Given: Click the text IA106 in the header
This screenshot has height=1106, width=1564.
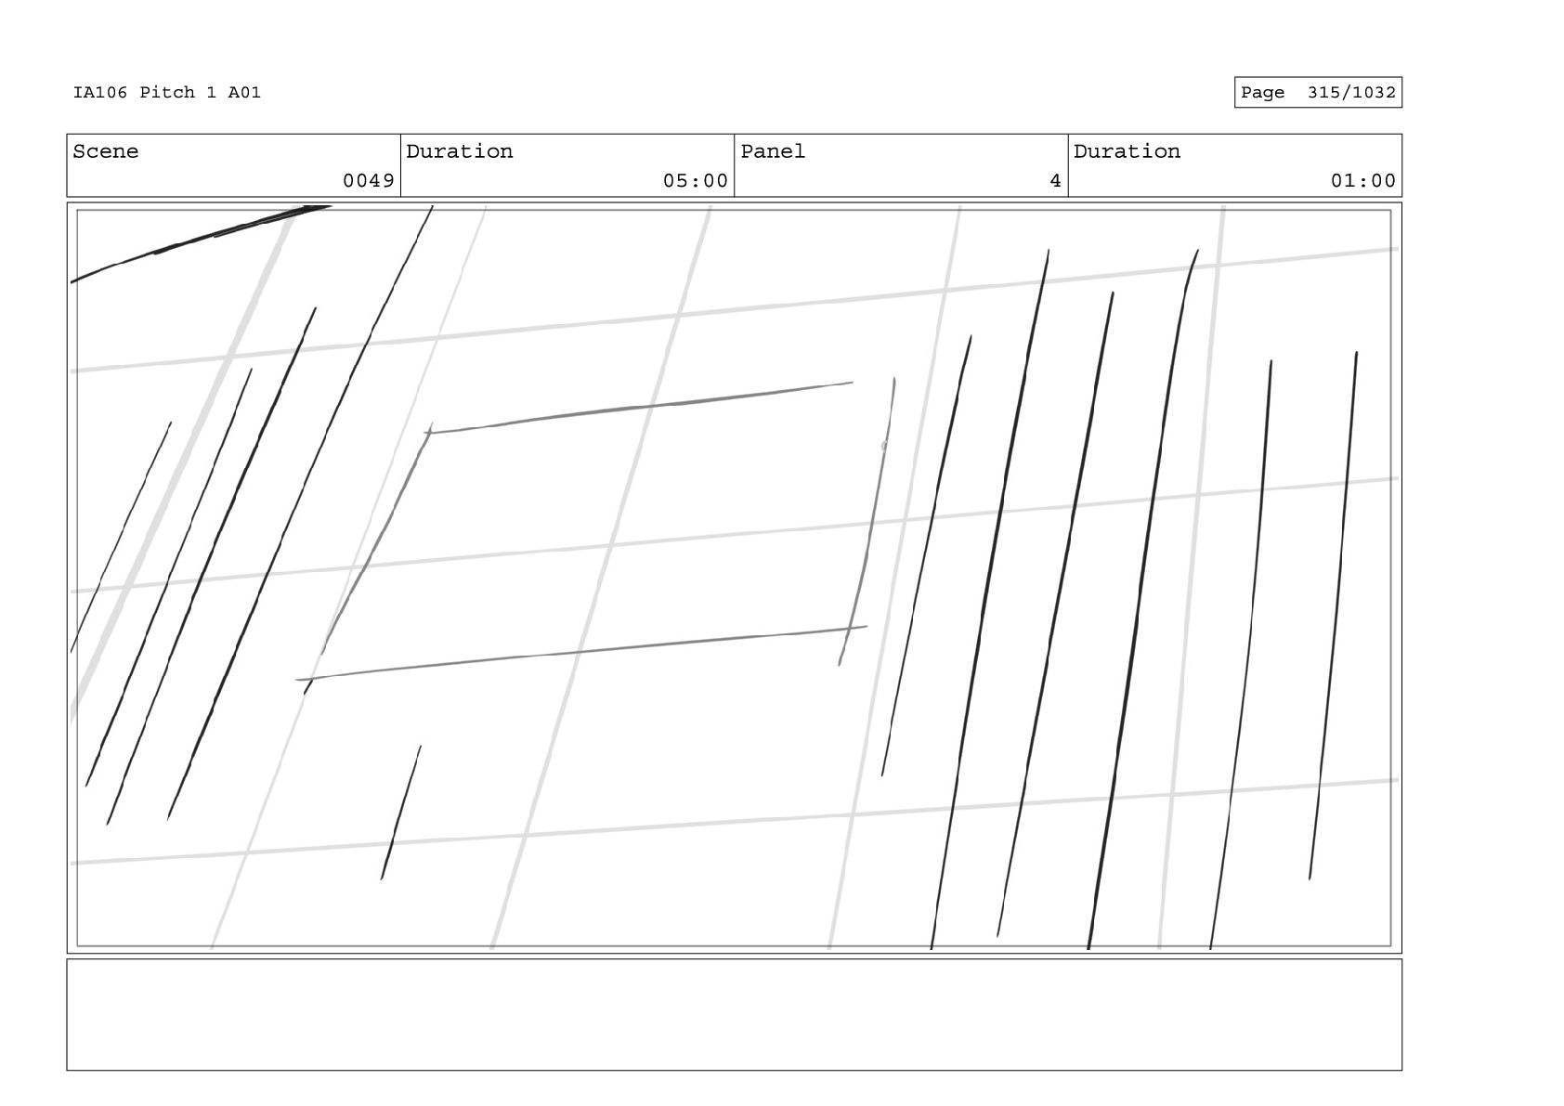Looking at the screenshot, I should pyautogui.click(x=99, y=92).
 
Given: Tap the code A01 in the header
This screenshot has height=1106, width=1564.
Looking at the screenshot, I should pyautogui.click(x=244, y=92).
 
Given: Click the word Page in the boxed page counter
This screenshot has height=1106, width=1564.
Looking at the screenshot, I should pyautogui.click(x=1262, y=92).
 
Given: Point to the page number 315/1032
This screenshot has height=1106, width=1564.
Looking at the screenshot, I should pyautogui.click(x=1350, y=92).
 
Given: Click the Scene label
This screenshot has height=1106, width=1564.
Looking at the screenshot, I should pyautogui.click(x=105, y=151).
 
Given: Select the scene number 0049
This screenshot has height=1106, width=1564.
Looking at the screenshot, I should pyautogui.click(x=368, y=181).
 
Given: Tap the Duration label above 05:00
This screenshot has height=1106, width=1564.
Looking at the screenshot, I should pyautogui.click(x=459, y=151).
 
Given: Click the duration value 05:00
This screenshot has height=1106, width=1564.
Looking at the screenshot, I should pyautogui.click(x=695, y=181).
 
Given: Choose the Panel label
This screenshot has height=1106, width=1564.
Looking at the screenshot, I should pyautogui.click(x=772, y=151).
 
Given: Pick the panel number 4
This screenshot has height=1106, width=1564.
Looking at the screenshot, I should pyautogui.click(x=1054, y=181).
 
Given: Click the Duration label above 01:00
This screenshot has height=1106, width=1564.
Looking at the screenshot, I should pyautogui.click(x=1127, y=151).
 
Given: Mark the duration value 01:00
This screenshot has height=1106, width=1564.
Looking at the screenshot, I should pyautogui.click(x=1362, y=181).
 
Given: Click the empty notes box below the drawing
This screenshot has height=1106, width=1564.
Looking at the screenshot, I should pyautogui.click(x=734, y=1014).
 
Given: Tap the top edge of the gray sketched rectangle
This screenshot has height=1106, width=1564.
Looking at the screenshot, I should pyautogui.click(x=641, y=407).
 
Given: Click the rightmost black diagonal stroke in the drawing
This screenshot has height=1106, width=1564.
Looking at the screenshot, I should pyautogui.click(x=1335, y=613).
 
